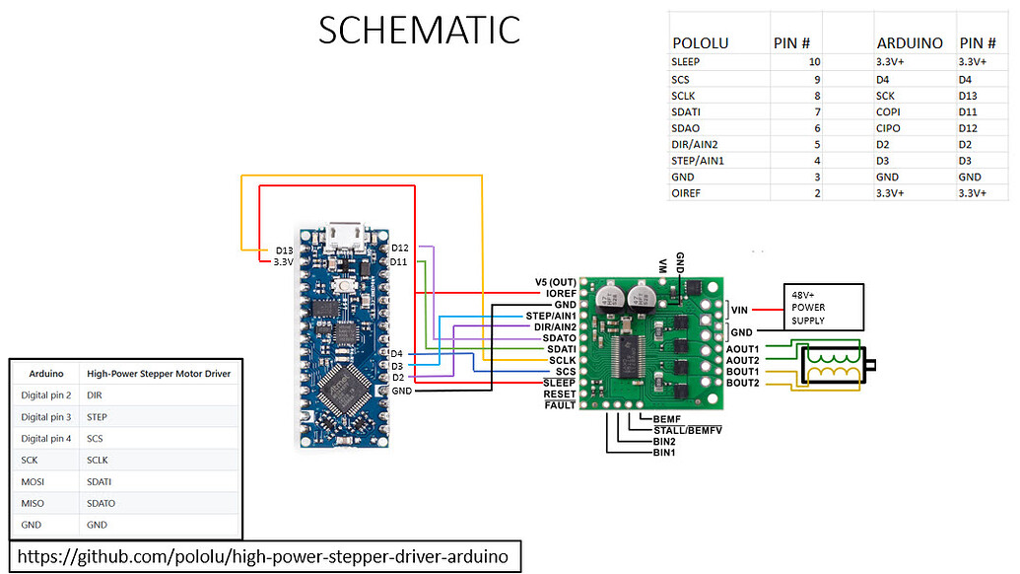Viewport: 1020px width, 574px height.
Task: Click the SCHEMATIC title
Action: point(419,30)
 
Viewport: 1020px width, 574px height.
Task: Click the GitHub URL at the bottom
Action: point(263,557)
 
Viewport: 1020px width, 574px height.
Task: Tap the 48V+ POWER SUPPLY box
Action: point(823,307)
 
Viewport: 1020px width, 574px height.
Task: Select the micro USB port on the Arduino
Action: point(345,232)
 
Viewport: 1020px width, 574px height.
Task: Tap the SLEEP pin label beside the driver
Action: point(559,382)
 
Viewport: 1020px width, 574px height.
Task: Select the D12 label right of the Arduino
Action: point(399,247)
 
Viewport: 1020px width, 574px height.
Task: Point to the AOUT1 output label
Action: point(742,349)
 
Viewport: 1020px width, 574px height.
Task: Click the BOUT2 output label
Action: point(742,383)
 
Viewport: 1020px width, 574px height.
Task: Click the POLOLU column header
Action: point(700,43)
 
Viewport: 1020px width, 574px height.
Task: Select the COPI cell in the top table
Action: point(888,110)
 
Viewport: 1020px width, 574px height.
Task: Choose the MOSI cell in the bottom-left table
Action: point(34,481)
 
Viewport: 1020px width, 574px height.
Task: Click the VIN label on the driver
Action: point(742,309)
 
